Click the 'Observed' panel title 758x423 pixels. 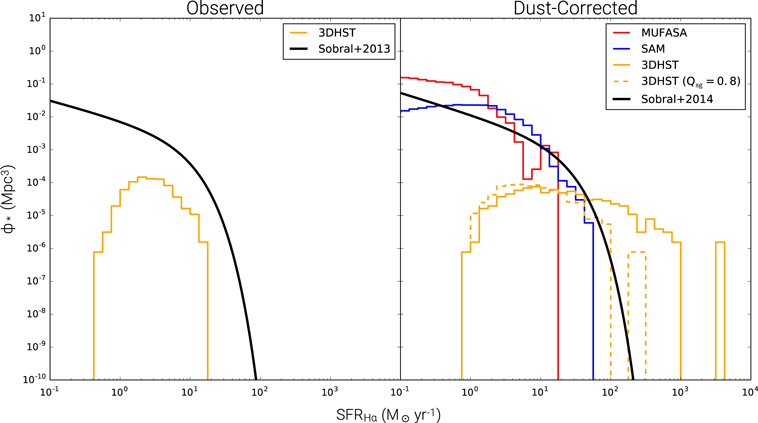pyautogui.click(x=225, y=8)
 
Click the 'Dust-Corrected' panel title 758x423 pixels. pyautogui.click(x=575, y=8)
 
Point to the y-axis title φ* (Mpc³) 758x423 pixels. pyautogui.click(x=9, y=199)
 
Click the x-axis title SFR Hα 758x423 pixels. pyautogui.click(x=389, y=415)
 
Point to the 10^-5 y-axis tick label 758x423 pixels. pyautogui.click(x=36, y=215)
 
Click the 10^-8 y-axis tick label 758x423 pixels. pyautogui.click(x=36, y=314)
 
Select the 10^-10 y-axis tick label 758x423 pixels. pyautogui.click(x=35, y=379)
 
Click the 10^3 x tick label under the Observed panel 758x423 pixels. pyautogui.click(x=330, y=392)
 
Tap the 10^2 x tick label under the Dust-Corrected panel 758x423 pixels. pyautogui.click(x=610, y=392)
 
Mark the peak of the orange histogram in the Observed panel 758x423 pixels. pyautogui.click(x=143, y=177)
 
